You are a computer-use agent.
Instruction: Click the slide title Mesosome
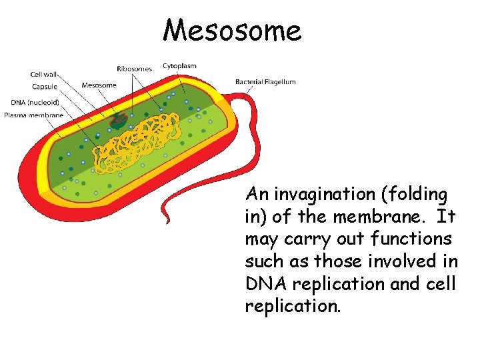click(232, 30)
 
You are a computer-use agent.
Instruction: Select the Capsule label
click(44, 87)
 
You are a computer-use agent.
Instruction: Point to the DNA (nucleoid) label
click(35, 102)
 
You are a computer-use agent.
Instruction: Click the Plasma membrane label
click(33, 115)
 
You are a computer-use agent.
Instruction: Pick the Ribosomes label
click(134, 68)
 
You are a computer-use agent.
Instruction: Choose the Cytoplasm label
click(179, 65)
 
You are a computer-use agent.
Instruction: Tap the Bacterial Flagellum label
click(265, 82)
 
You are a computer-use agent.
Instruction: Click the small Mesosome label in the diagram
click(99, 85)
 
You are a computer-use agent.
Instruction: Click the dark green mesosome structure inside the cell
click(119, 121)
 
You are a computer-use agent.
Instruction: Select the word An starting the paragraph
click(257, 195)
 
